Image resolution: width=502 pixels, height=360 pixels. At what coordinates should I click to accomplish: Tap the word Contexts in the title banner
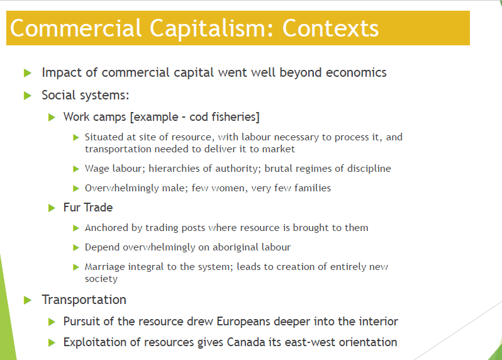pyautogui.click(x=330, y=28)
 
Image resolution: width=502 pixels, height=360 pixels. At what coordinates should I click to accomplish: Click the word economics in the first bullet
pyautogui.click(x=356, y=72)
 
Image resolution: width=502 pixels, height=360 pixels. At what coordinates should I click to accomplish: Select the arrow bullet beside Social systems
pyautogui.click(x=28, y=96)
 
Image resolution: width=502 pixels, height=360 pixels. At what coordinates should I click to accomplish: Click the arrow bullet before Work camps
pyautogui.click(x=52, y=118)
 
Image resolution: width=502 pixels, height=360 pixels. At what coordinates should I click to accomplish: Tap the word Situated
pyautogui.click(x=104, y=137)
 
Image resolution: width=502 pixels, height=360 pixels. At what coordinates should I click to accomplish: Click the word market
pyautogui.click(x=278, y=149)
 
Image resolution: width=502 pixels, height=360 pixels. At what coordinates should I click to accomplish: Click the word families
pyautogui.click(x=313, y=188)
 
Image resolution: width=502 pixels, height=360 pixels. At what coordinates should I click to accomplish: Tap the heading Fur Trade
pyautogui.click(x=88, y=208)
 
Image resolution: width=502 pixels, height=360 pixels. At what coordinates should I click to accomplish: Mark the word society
pyautogui.click(x=101, y=279)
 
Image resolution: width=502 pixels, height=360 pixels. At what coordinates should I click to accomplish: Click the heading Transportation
pyautogui.click(x=84, y=300)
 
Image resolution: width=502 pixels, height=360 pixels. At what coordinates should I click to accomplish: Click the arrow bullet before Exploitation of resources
pyautogui.click(x=52, y=343)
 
